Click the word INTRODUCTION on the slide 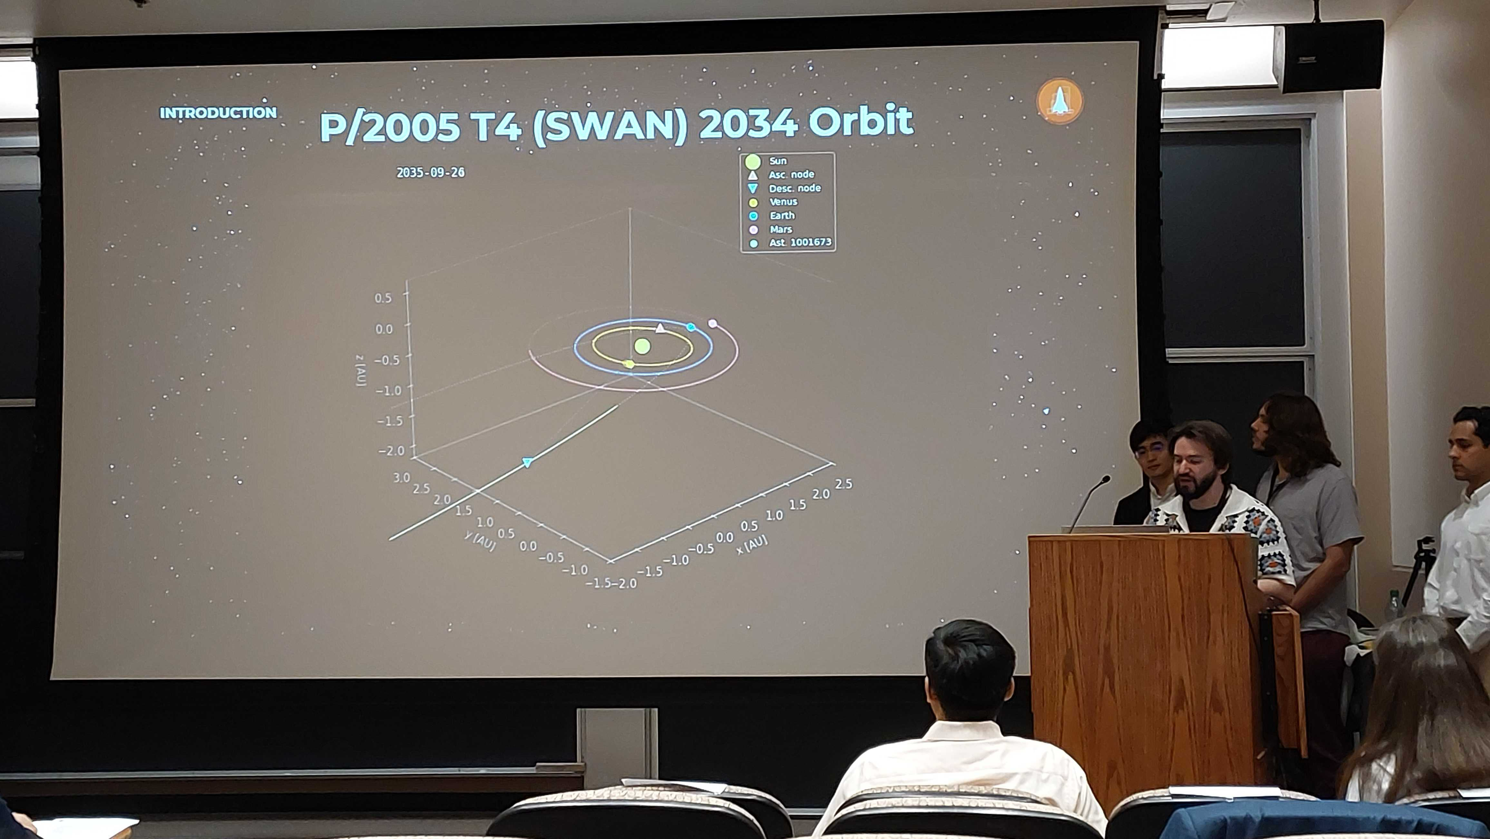pos(218,113)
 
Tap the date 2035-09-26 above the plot pos(430,172)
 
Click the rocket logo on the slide pos(1060,101)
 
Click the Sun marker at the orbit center pos(642,346)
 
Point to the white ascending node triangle pos(661,328)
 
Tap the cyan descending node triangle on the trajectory pos(527,462)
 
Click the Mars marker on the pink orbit pos(713,323)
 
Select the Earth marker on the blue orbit pos(691,327)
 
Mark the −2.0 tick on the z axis pos(391,450)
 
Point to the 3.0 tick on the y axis pos(401,477)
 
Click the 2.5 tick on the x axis pos(844,484)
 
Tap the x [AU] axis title pos(752,544)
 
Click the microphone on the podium pos(1087,501)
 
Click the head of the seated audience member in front pos(969,671)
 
